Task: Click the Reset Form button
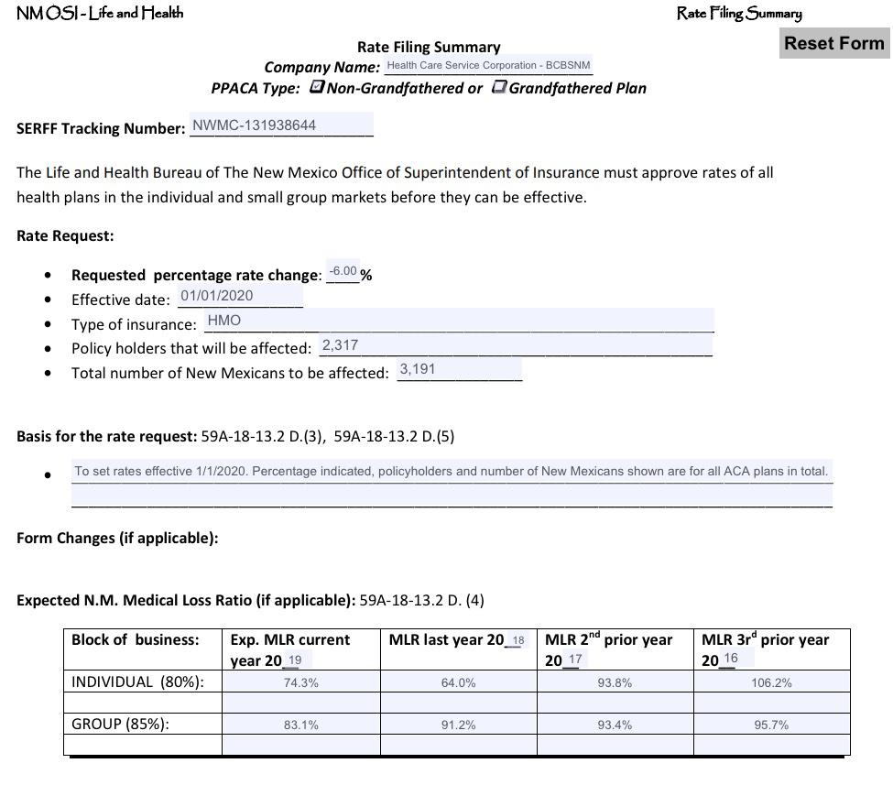(x=834, y=43)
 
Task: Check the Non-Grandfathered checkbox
(x=317, y=87)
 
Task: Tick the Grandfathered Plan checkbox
(x=500, y=87)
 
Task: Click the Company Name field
(x=488, y=66)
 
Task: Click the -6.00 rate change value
(x=343, y=272)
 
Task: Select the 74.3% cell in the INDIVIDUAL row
(x=300, y=683)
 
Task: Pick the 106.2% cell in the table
(x=771, y=683)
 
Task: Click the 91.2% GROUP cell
(x=458, y=725)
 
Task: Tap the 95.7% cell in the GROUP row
(x=771, y=725)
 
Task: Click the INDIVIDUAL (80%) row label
(x=137, y=681)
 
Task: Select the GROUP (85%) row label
(x=121, y=725)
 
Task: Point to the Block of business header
(x=135, y=640)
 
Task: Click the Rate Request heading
(x=65, y=236)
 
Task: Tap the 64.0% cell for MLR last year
(x=458, y=683)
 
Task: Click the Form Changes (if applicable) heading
(x=117, y=539)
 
